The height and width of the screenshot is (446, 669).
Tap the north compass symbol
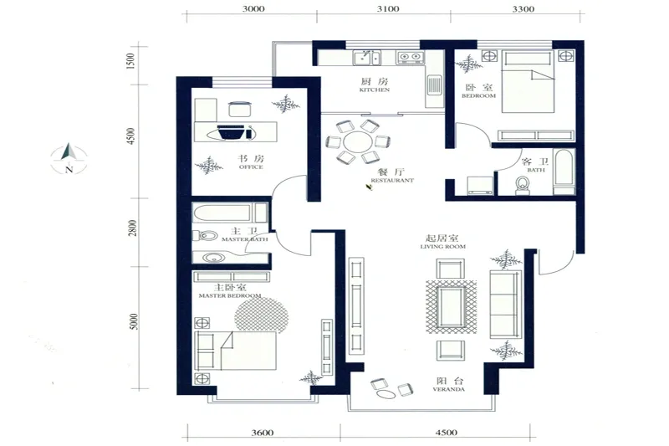[x=69, y=158]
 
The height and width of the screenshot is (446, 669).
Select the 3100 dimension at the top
[x=388, y=9]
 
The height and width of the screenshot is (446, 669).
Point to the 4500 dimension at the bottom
[x=447, y=433]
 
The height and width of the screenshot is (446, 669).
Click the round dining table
[x=359, y=142]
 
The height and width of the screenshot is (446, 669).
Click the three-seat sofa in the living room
[x=506, y=304]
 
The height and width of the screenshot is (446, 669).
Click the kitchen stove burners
[x=411, y=56]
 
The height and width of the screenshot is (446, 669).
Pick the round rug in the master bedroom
[x=261, y=314]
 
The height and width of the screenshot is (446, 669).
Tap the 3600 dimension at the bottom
[x=263, y=433]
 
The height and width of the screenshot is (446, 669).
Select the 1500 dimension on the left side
[x=131, y=61]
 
